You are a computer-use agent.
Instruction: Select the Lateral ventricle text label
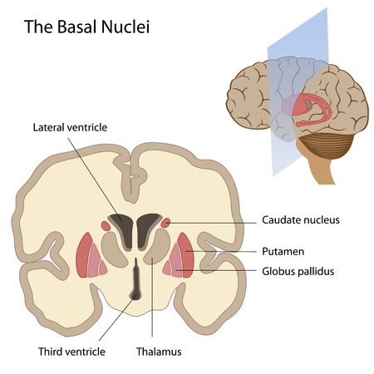click(x=70, y=127)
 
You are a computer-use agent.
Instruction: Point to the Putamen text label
click(x=282, y=250)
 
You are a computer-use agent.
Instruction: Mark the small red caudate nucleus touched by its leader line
click(x=167, y=222)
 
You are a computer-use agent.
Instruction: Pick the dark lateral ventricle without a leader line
click(x=149, y=225)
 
